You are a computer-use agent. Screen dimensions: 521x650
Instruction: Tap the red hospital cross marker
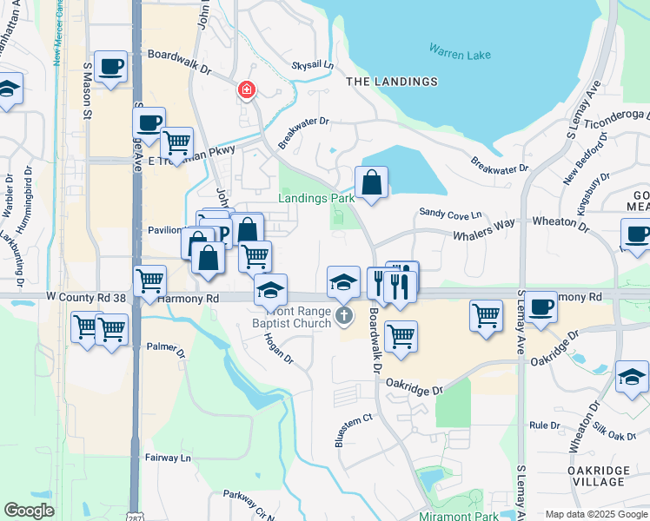click(247, 89)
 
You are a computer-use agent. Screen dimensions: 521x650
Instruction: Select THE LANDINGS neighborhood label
click(392, 82)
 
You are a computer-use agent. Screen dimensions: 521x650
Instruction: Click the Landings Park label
click(316, 198)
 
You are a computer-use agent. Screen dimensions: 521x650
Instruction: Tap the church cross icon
click(345, 315)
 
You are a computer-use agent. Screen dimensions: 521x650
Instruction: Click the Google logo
click(29, 511)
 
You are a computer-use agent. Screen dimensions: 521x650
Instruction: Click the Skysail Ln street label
click(313, 65)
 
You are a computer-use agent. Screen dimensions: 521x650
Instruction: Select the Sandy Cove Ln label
click(450, 213)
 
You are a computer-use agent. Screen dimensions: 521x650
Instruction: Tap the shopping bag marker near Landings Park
click(371, 182)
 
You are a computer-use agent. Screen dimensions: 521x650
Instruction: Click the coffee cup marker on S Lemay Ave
click(541, 307)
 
